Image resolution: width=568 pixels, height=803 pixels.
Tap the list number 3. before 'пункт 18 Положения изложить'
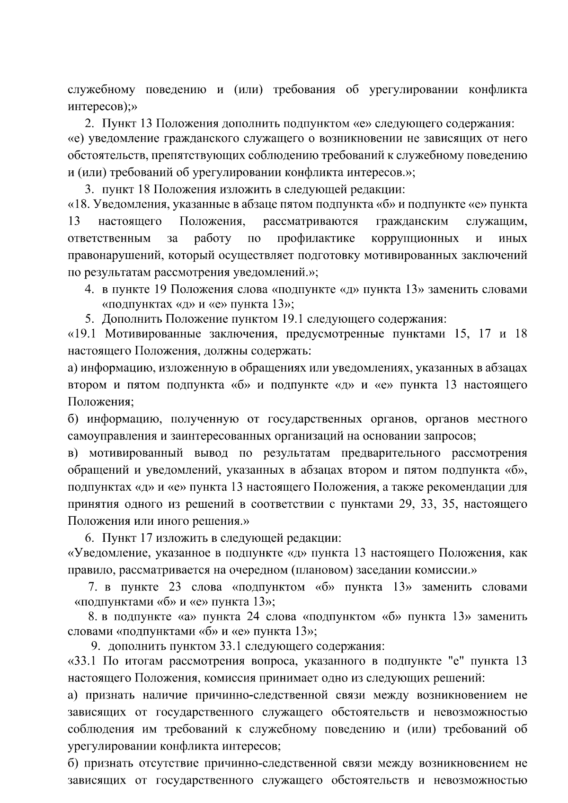(89, 190)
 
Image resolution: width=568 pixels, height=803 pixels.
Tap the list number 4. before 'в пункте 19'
(89, 289)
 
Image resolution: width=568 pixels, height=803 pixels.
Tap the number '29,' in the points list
(406, 504)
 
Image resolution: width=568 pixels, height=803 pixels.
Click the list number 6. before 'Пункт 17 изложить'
(89, 538)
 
